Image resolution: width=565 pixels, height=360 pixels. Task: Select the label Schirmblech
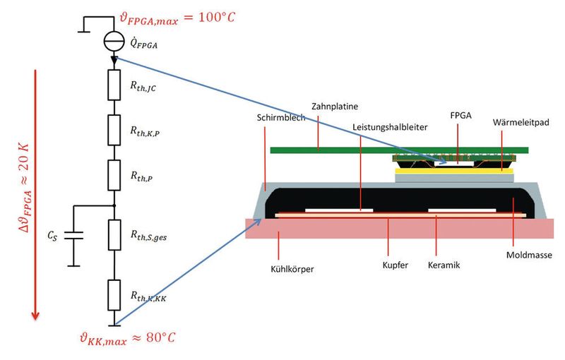coord(281,118)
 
